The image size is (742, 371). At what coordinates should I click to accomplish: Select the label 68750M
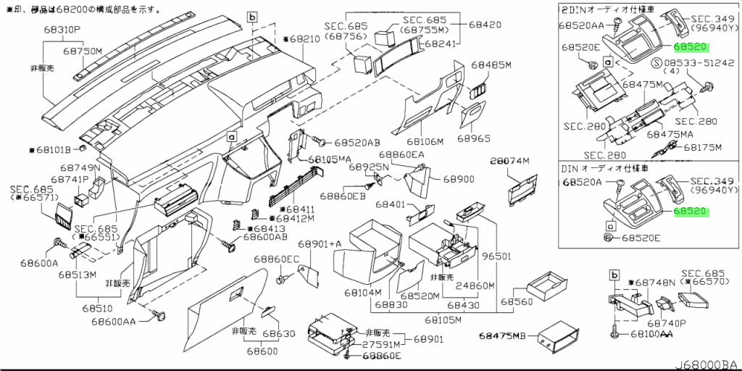pyautogui.click(x=82, y=51)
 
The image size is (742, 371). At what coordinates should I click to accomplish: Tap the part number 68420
pyautogui.click(x=485, y=25)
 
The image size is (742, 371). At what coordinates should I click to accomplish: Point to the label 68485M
pyautogui.click(x=491, y=65)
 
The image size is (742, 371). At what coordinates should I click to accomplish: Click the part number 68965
pyautogui.click(x=474, y=138)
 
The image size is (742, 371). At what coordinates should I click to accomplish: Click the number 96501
pyautogui.click(x=497, y=257)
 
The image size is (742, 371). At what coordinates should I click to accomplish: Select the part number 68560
pyautogui.click(x=516, y=301)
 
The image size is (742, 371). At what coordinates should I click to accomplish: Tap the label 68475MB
pyautogui.click(x=504, y=336)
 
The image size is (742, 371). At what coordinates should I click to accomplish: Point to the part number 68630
pyautogui.click(x=279, y=334)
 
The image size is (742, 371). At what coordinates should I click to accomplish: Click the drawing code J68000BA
pyautogui.click(x=707, y=364)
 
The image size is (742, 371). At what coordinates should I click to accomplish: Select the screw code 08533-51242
pyautogui.click(x=696, y=62)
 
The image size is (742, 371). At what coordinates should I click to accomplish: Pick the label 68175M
pyautogui.click(x=703, y=146)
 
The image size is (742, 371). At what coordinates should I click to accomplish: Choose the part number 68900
pyautogui.click(x=459, y=178)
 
